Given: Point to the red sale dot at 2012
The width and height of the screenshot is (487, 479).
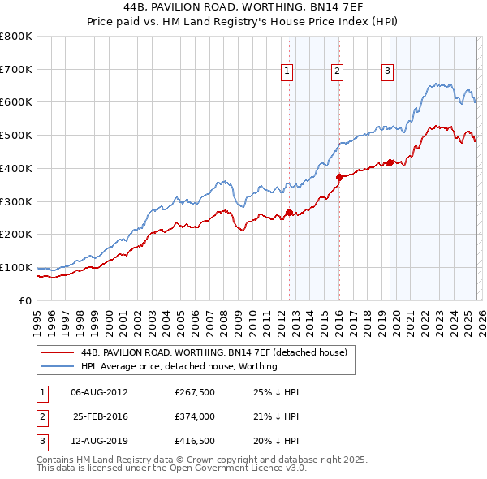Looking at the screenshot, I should pos(289,212).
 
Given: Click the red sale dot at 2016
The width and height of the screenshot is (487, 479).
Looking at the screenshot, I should pos(339,176).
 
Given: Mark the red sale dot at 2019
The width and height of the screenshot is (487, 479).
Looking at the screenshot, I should pos(390,162).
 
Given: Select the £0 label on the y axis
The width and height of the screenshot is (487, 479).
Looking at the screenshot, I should pos(26,300).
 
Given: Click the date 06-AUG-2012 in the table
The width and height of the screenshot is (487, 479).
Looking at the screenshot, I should pos(99,392).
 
